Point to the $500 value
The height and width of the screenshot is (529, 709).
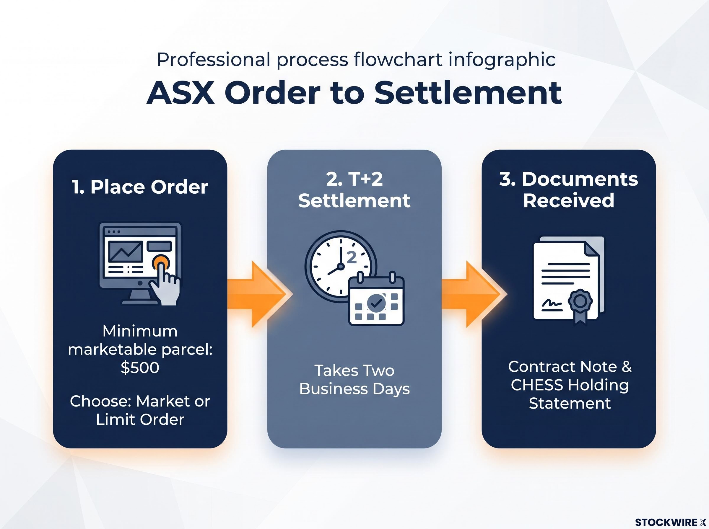coord(140,367)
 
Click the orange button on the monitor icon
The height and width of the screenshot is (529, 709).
coord(160,263)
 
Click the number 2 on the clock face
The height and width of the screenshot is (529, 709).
coord(352,257)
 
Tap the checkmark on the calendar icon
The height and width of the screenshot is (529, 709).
coord(376,302)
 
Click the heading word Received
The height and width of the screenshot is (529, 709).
coord(569,200)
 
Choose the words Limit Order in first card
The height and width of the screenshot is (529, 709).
coord(140,419)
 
